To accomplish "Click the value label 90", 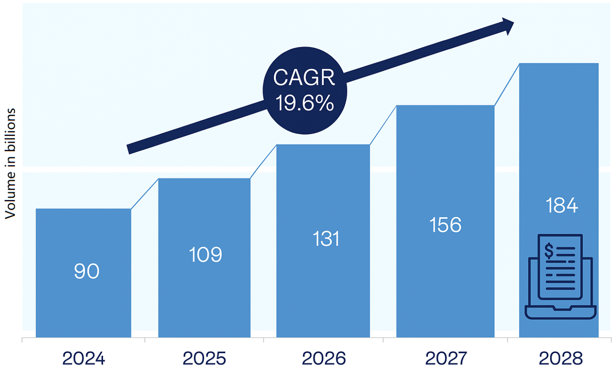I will [x=87, y=271].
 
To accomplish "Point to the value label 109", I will [x=205, y=255].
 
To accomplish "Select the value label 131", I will [x=326, y=239].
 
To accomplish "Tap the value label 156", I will [x=445, y=225].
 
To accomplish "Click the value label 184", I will [x=561, y=206].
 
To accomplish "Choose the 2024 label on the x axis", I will [x=83, y=358].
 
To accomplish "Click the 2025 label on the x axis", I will [x=204, y=358].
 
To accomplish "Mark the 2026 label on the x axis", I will [x=324, y=358].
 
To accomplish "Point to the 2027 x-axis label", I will [x=446, y=358].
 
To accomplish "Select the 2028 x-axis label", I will [x=561, y=358].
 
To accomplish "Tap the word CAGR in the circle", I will [x=304, y=77].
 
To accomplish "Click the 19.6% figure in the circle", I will [x=304, y=103].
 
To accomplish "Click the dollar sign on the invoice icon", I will [x=549, y=251].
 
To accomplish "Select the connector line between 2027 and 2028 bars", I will [x=507, y=85].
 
